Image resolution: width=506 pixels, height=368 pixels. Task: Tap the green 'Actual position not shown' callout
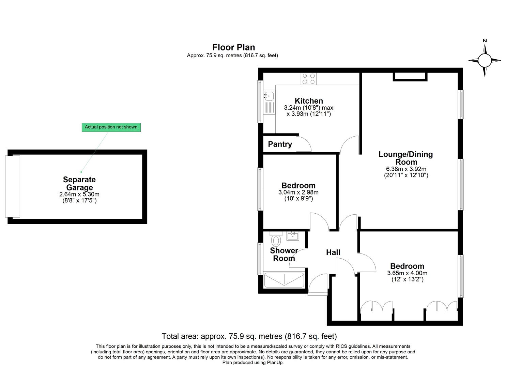pyautogui.click(x=111, y=127)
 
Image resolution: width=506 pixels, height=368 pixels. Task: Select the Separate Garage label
pyautogui.click(x=79, y=183)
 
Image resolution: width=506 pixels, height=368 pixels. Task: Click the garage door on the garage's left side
pyautogui.click(x=13, y=186)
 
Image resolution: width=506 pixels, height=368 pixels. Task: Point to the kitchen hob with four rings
pyautogui.click(x=309, y=79)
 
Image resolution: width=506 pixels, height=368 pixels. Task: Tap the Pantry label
pyautogui.click(x=280, y=144)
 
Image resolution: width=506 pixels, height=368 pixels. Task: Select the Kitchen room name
pyautogui.click(x=309, y=101)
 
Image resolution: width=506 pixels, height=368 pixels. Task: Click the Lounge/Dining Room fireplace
pyautogui.click(x=410, y=77)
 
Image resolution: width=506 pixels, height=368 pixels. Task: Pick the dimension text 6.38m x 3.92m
pyautogui.click(x=406, y=169)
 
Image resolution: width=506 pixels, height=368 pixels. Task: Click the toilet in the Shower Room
pyautogui.click(x=276, y=239)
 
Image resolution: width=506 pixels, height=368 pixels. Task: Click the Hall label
pyautogui.click(x=333, y=252)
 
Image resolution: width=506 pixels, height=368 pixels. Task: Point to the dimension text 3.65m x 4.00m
pyautogui.click(x=407, y=273)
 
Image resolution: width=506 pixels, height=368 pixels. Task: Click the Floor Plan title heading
pyautogui.click(x=233, y=47)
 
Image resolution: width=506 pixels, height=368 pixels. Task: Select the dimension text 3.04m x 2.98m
pyautogui.click(x=298, y=192)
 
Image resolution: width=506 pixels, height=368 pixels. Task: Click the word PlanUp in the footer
pyautogui.click(x=275, y=363)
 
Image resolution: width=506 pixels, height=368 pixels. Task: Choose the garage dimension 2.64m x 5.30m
pyautogui.click(x=79, y=194)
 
